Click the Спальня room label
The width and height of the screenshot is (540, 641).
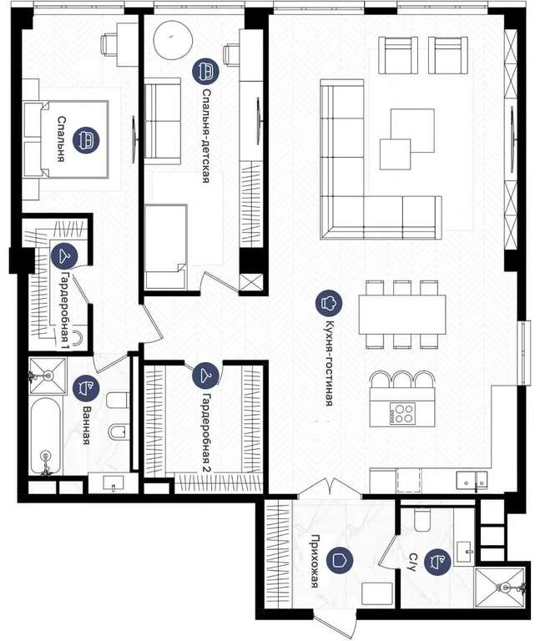pos(62,139)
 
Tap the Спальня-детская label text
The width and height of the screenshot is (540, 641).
pos(206,136)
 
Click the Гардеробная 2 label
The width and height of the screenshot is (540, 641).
pos(207,433)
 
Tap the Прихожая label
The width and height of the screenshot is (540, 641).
pos(315,561)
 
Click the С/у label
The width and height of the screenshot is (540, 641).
pos(412,563)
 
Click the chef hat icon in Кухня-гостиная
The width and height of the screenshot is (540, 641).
pos(329,303)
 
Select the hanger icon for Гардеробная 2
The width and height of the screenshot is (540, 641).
pos(205,375)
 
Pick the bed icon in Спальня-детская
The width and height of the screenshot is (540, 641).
pos(205,71)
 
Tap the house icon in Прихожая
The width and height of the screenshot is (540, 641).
pos(339,560)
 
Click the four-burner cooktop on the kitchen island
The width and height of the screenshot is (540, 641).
pos(402,413)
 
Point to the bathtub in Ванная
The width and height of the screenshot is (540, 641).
pos(46,437)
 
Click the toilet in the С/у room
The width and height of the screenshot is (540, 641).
pos(422,520)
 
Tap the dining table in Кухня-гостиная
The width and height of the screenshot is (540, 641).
pos(402,315)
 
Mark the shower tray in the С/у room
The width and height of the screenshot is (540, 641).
pos(500,588)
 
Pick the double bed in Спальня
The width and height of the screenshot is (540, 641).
pos(66,139)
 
